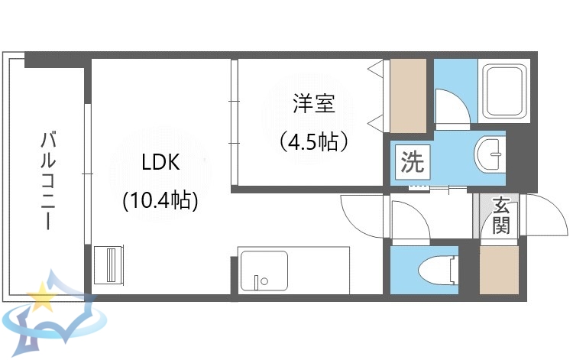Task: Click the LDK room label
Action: pyautogui.click(x=160, y=163)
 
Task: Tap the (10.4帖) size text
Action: pyautogui.click(x=161, y=201)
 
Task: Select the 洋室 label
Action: pyautogui.click(x=312, y=104)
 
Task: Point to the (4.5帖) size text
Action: pyautogui.click(x=313, y=141)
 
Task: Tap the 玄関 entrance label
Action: pyautogui.click(x=501, y=216)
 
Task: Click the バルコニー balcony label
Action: pyautogui.click(x=47, y=180)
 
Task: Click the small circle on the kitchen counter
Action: pyautogui.click(x=264, y=281)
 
